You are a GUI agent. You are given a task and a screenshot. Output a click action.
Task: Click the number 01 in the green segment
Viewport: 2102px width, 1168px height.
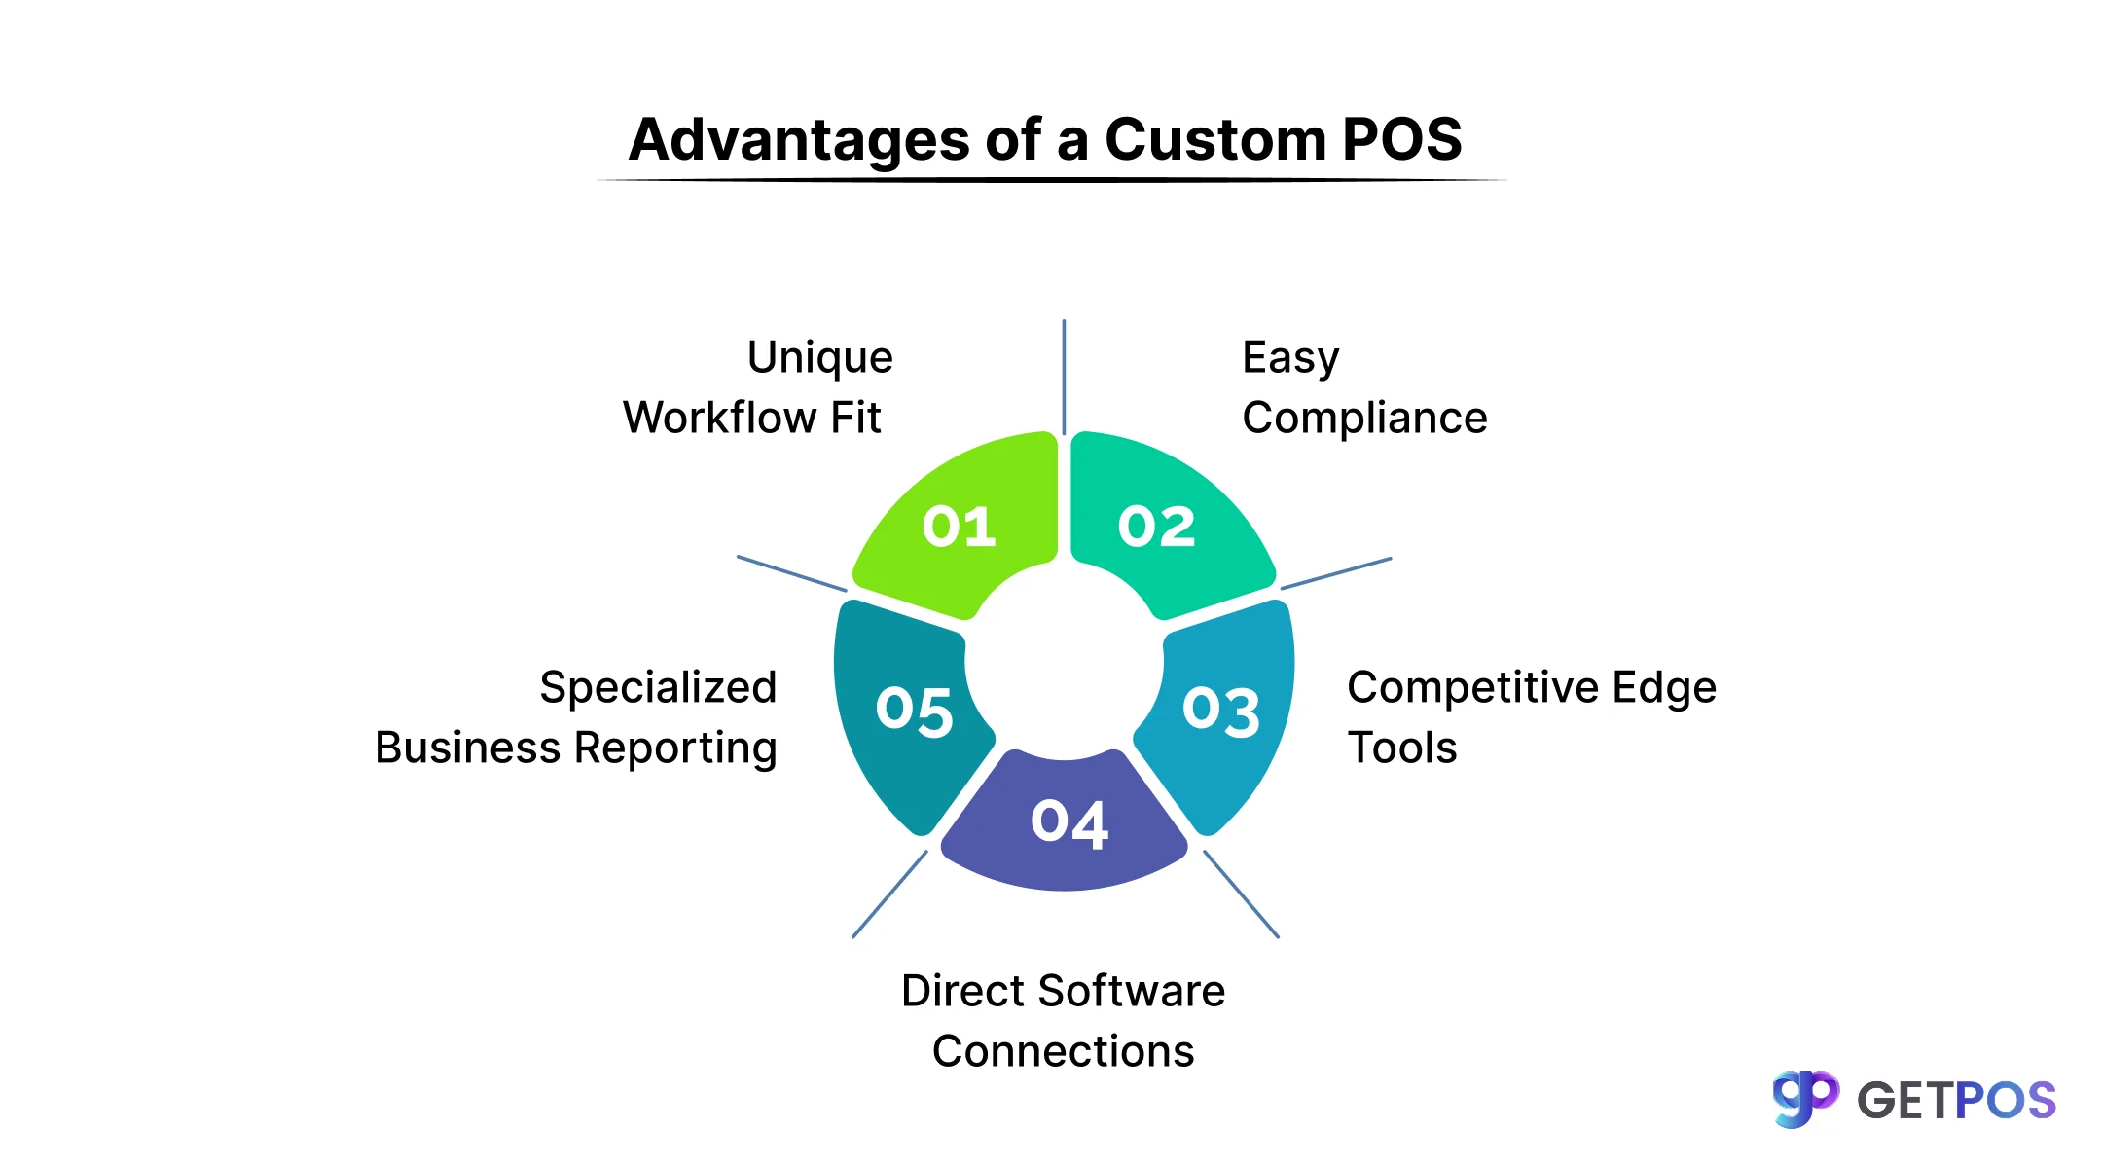(x=960, y=527)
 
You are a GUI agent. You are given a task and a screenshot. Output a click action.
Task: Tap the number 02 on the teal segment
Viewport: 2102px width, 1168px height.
(x=1156, y=527)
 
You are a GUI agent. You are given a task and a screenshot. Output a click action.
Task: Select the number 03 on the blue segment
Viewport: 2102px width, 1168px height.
(x=1221, y=711)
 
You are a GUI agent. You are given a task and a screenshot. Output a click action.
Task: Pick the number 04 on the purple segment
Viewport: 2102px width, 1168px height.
(x=1069, y=822)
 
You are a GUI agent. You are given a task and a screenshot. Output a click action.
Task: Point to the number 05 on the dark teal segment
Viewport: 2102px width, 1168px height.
(x=914, y=711)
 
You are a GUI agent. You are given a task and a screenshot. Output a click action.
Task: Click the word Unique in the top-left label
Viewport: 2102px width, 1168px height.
(x=819, y=358)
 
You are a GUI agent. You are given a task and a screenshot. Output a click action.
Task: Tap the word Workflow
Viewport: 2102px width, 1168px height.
(x=719, y=419)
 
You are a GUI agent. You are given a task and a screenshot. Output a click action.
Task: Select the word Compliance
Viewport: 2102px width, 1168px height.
(x=1364, y=419)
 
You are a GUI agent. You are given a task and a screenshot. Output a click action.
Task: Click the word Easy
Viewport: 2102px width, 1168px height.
(x=1290, y=358)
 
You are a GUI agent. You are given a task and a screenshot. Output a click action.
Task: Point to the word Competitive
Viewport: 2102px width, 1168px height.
(x=1473, y=688)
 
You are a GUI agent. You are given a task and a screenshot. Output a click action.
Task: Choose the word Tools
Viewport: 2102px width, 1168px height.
(x=1401, y=748)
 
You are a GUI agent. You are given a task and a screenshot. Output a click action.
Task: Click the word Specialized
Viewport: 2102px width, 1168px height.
(x=658, y=688)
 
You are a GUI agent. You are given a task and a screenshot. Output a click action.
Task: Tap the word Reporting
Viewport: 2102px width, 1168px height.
(x=675, y=748)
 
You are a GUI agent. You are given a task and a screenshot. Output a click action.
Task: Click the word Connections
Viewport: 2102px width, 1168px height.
(x=1063, y=1052)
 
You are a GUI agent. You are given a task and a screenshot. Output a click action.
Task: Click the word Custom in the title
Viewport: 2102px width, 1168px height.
(x=1214, y=139)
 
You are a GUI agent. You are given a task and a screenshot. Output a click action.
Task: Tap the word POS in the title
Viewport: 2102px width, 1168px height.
(x=1401, y=139)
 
